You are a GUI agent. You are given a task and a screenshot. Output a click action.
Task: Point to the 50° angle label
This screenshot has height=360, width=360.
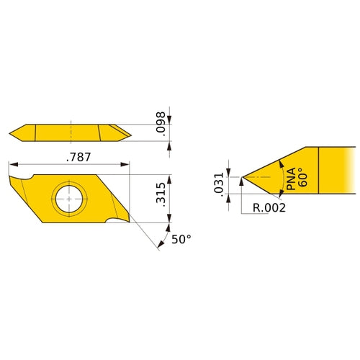point(181,240)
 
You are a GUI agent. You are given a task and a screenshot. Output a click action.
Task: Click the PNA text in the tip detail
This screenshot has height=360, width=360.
point(290,177)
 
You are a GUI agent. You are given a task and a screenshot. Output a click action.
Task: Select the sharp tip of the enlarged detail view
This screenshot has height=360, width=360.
point(243,177)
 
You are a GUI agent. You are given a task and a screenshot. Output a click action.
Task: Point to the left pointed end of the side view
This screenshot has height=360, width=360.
point(11,132)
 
